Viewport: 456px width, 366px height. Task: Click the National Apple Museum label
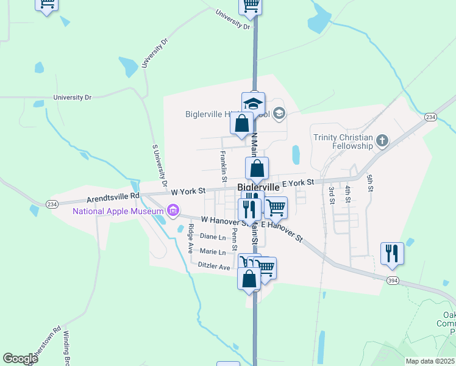tap(118, 212)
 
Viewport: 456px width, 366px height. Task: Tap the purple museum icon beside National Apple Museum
tap(173, 212)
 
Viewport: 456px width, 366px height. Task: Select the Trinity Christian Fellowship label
tap(343, 142)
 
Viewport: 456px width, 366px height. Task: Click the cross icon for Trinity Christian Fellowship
tap(382, 142)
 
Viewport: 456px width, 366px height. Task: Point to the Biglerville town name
tap(258, 187)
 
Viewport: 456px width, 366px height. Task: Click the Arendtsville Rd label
tap(113, 199)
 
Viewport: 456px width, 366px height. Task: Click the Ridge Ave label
tap(191, 239)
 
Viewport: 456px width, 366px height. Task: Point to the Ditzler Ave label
tap(214, 266)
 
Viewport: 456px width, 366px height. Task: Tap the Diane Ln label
tap(213, 237)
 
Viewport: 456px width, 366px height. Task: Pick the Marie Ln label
tap(213, 251)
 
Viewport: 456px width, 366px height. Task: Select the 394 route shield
tap(393, 279)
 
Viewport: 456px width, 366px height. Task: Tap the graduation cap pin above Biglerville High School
tap(253, 103)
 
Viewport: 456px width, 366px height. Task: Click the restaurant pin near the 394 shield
tap(392, 253)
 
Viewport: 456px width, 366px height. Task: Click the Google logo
tap(20, 359)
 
